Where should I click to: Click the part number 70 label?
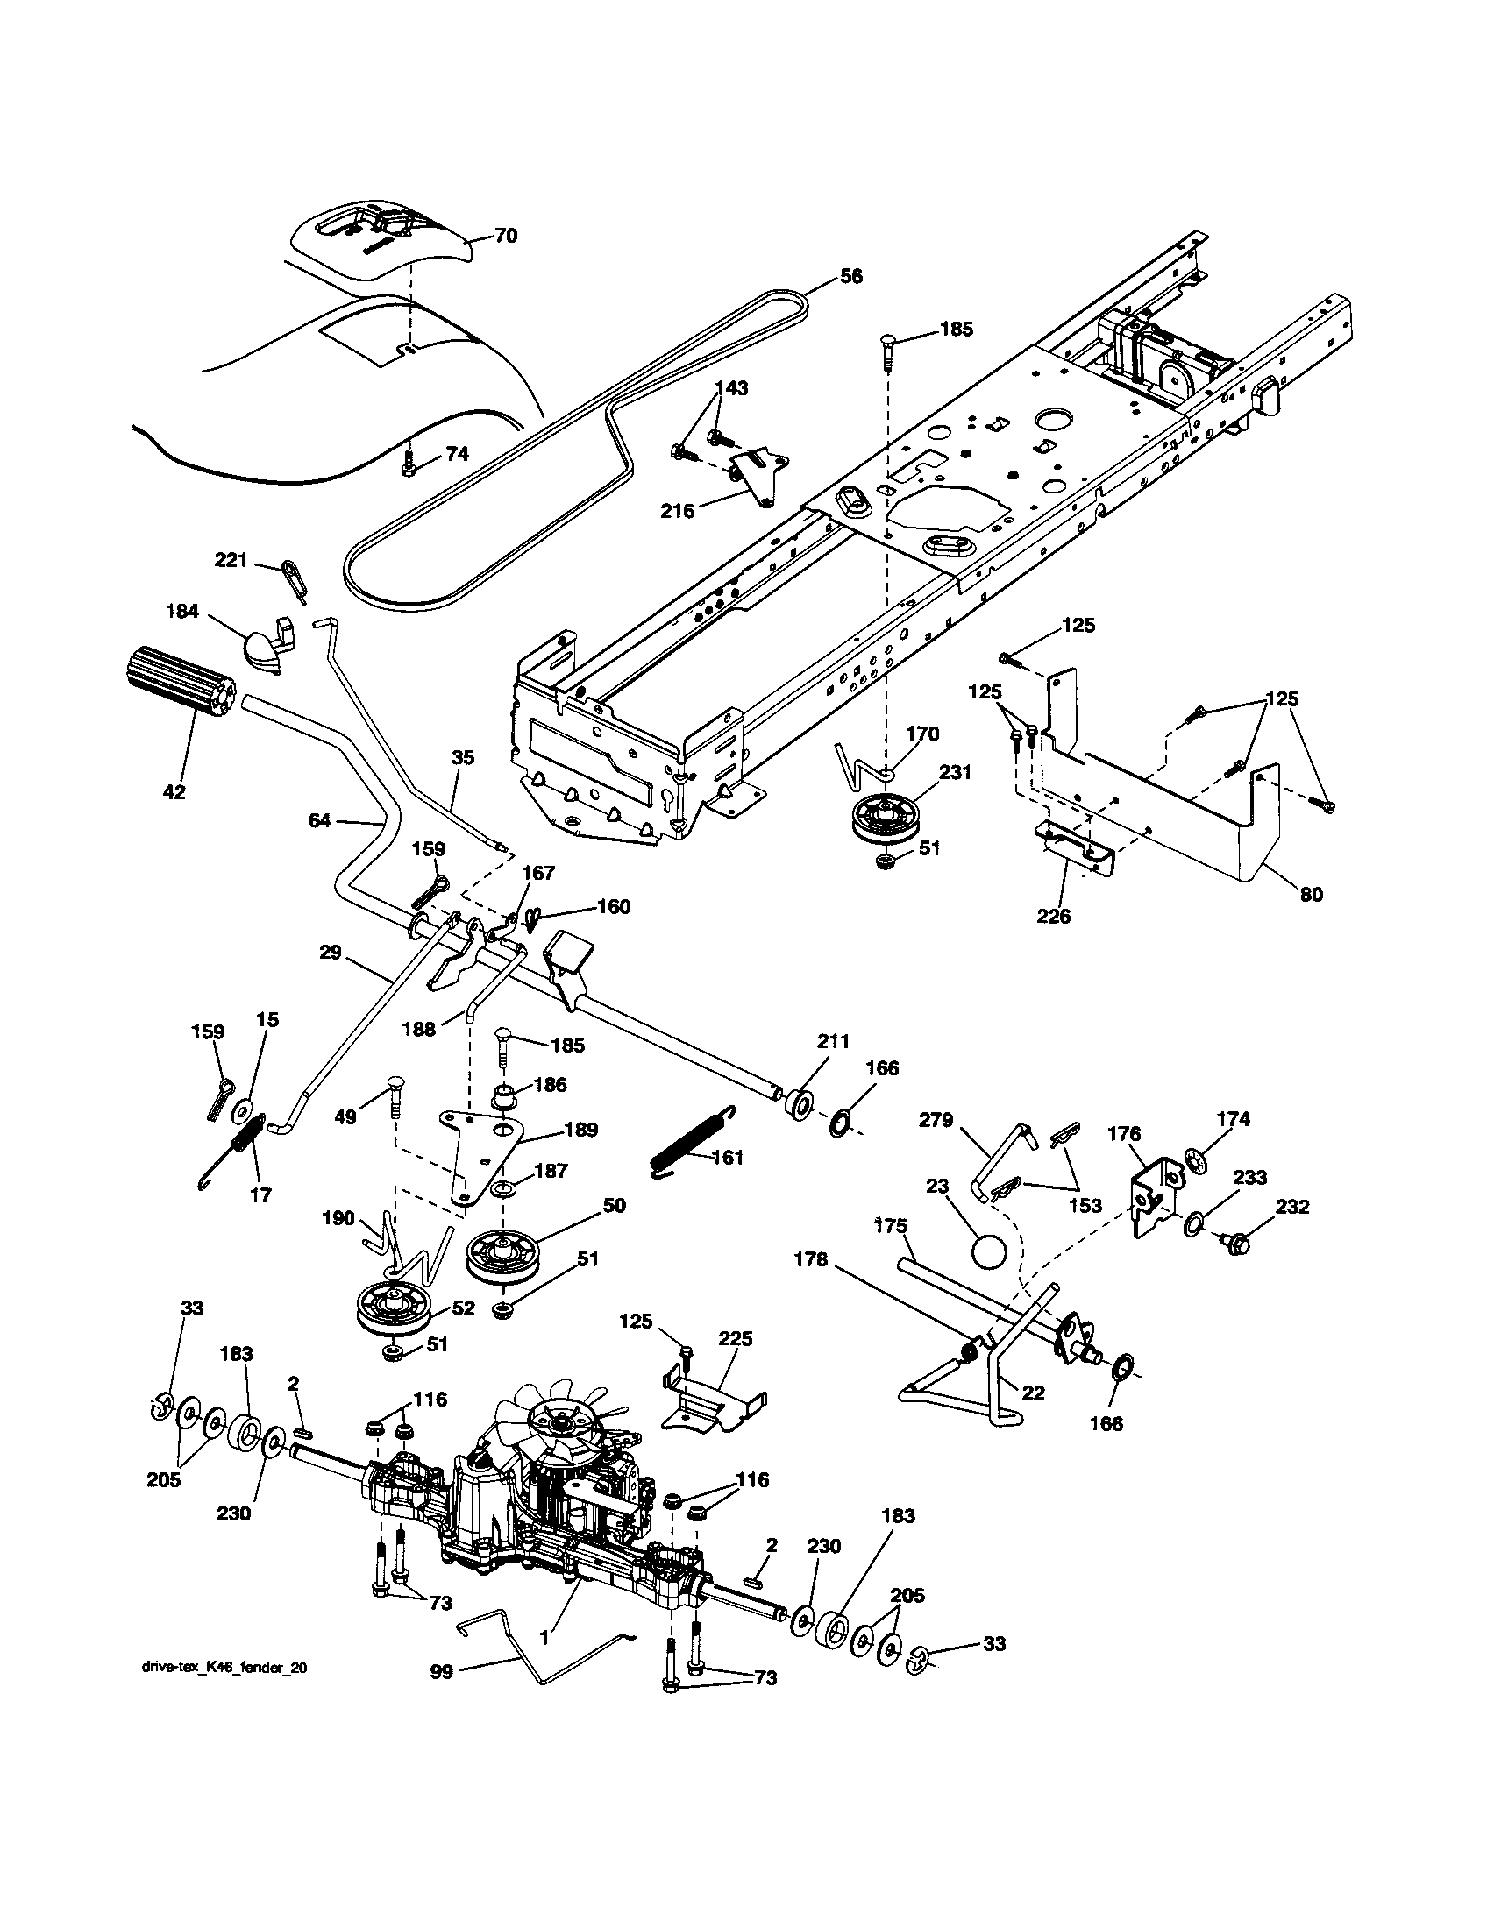pos(506,236)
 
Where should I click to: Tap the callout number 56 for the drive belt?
pos(850,276)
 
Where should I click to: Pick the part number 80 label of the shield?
pos(1312,894)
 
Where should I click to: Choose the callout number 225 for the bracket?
pos(735,1338)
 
